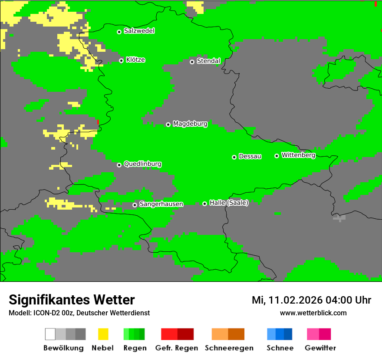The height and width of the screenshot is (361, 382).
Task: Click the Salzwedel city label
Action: [139, 31]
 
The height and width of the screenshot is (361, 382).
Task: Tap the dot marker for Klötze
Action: [121, 60]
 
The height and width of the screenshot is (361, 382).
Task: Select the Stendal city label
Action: [208, 61]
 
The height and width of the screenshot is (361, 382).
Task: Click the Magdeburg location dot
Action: [168, 124]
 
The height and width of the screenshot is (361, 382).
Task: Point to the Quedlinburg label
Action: [142, 164]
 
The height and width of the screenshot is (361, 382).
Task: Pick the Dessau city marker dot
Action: [234, 157]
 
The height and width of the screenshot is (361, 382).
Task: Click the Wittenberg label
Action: [298, 155]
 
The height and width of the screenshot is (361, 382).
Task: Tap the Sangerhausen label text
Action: [161, 204]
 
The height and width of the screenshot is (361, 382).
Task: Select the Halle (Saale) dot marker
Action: [204, 204]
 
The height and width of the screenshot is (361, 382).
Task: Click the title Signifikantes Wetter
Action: [72, 300]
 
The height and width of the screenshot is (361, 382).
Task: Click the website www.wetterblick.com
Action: [313, 313]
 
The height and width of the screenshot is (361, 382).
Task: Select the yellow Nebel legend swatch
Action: [103, 334]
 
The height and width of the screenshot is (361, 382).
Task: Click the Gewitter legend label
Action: [320, 348]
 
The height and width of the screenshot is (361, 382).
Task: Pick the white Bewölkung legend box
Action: [50, 334]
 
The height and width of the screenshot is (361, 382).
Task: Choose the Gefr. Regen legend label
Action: [176, 348]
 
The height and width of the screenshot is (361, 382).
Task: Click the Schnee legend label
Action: [280, 348]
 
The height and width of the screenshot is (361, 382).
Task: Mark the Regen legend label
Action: [135, 348]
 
